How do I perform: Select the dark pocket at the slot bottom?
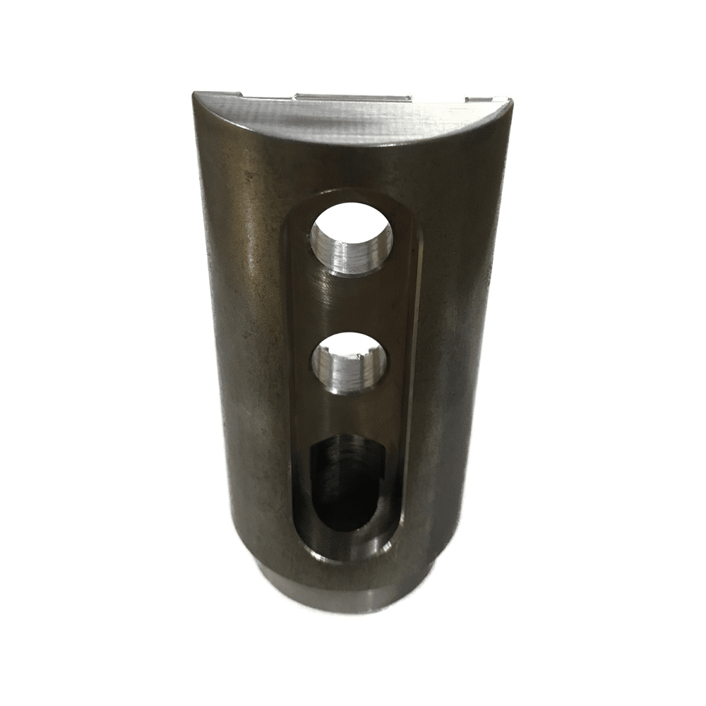coord(344,487)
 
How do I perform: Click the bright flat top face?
coord(353,116)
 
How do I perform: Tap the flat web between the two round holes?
coord(349,300)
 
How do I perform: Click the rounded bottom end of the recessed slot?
coord(346,554)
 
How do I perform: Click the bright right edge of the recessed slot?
coord(409,367)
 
